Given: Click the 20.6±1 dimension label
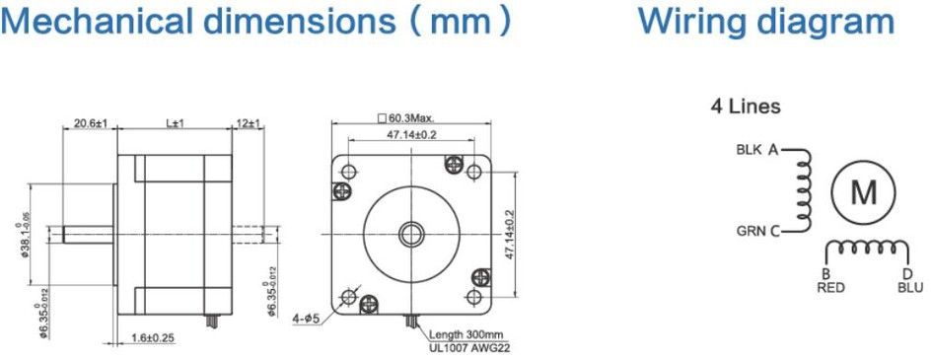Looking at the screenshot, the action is (90, 123).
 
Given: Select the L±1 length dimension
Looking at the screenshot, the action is (175, 123).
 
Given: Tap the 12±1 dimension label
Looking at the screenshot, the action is (250, 123).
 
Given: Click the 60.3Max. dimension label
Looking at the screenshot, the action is (411, 118).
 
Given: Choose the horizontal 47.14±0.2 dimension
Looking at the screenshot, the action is (411, 134).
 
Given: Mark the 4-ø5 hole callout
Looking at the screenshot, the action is (307, 319).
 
